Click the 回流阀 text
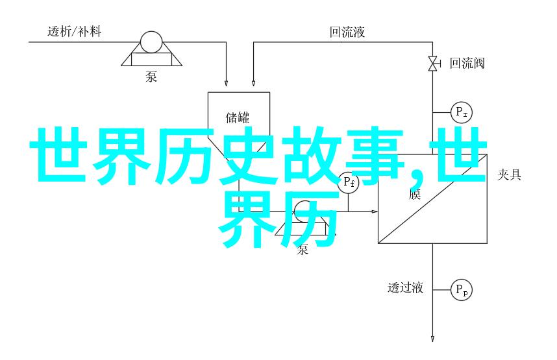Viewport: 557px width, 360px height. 467,63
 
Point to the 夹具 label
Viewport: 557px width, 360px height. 510,174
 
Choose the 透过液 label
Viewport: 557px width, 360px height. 406,287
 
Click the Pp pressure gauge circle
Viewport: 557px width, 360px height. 462,289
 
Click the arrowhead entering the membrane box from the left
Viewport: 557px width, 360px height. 375,211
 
